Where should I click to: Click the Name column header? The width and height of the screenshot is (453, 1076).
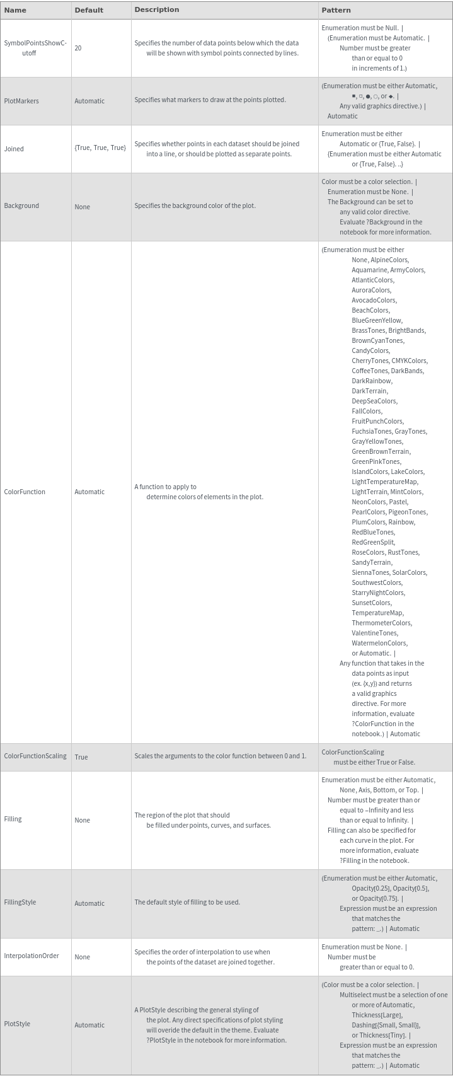15,10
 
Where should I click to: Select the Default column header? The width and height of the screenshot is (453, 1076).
89,10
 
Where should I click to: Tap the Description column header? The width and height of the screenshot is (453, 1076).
156,9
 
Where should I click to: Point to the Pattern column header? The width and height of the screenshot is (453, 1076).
336,10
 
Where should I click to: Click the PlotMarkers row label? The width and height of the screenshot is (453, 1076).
21,101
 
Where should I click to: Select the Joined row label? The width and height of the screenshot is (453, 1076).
14,149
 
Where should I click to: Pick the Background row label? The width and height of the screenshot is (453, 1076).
21,205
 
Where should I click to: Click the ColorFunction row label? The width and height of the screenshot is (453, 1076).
25,492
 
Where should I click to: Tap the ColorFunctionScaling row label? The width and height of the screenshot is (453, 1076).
35,756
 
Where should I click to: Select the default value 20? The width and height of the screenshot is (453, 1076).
78,48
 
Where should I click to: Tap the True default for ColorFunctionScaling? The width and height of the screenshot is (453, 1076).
81,757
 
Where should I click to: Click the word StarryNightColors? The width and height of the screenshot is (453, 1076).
378,593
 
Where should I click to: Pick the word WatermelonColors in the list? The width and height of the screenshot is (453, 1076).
379,643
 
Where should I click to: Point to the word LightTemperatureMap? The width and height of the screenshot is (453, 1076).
384,482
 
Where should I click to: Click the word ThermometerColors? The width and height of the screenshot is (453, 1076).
381,623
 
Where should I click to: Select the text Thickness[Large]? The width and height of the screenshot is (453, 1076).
377,1015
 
